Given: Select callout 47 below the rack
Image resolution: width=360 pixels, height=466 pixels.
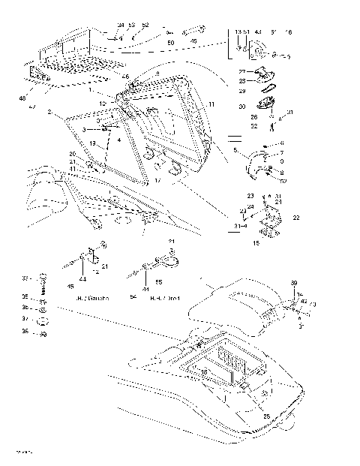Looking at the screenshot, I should click(32, 108).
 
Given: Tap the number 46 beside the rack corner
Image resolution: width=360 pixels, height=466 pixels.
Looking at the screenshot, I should click(125, 77).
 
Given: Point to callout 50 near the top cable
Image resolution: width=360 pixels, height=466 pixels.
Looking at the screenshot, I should click(170, 44).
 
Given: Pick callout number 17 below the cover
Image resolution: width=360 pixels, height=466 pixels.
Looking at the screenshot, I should click(158, 180).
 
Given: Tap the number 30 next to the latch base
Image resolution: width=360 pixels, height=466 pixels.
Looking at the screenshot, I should click(242, 107).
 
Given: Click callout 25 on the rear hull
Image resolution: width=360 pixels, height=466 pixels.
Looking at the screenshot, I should click(267, 415).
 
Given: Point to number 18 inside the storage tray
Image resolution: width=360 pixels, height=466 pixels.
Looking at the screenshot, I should click(204, 371).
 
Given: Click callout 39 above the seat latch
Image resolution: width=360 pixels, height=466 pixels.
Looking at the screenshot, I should click(293, 282).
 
